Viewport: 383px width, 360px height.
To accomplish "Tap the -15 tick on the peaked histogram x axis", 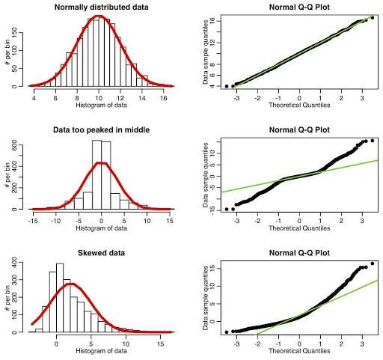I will (x=34, y=221).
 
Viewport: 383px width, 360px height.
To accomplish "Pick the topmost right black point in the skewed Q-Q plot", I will (x=372, y=263).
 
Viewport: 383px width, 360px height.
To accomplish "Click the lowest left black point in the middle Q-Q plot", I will (x=227, y=209).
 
